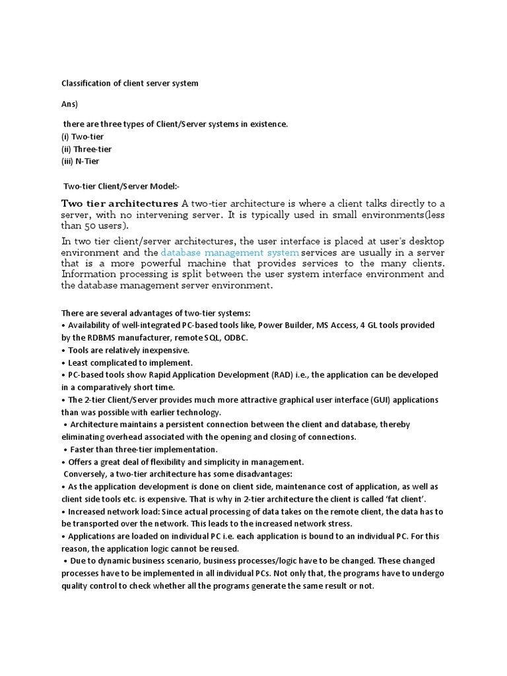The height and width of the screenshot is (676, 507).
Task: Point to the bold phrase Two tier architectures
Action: tap(119, 203)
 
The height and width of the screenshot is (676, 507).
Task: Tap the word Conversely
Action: tap(86, 475)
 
